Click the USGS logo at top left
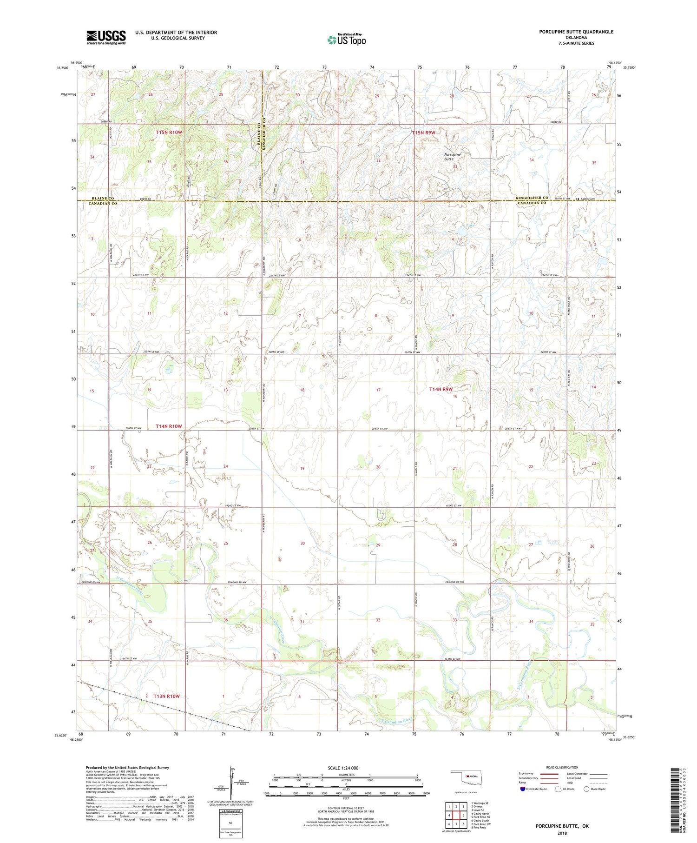click(106, 37)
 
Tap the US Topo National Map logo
click(346, 40)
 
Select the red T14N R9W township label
click(441, 389)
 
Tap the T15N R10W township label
click(169, 133)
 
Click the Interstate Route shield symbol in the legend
click(523, 789)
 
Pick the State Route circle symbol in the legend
click(586, 789)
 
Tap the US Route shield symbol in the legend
click(558, 789)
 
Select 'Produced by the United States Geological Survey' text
click(127, 768)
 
